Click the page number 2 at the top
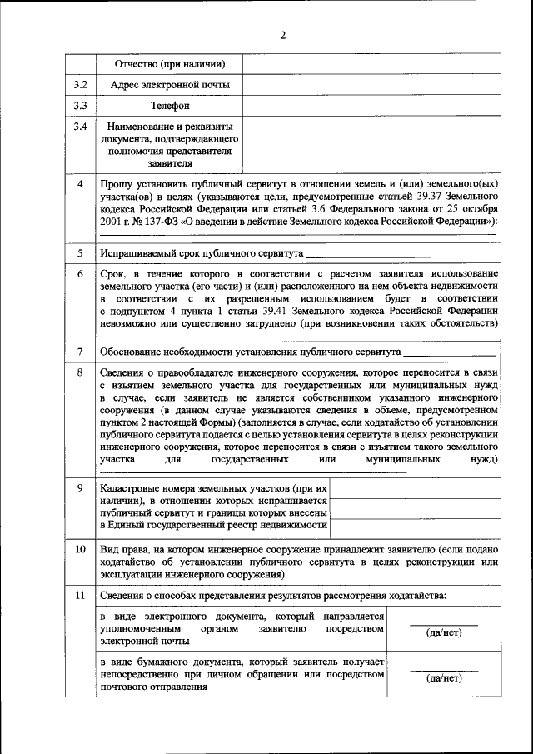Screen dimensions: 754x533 tap(283, 35)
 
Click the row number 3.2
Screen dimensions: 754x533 tap(80, 85)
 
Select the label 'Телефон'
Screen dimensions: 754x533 tap(170, 106)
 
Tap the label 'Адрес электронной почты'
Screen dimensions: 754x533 tap(170, 85)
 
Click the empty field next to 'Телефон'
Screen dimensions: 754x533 tap(371, 106)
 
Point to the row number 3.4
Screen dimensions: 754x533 tap(80, 127)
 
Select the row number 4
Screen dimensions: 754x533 tap(80, 183)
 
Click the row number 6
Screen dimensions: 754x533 tap(80, 274)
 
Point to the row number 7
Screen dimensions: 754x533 tap(80, 352)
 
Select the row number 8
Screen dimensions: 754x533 tap(80, 372)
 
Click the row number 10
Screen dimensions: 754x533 tap(80, 551)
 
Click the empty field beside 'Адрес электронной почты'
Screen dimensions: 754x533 tap(371, 85)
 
